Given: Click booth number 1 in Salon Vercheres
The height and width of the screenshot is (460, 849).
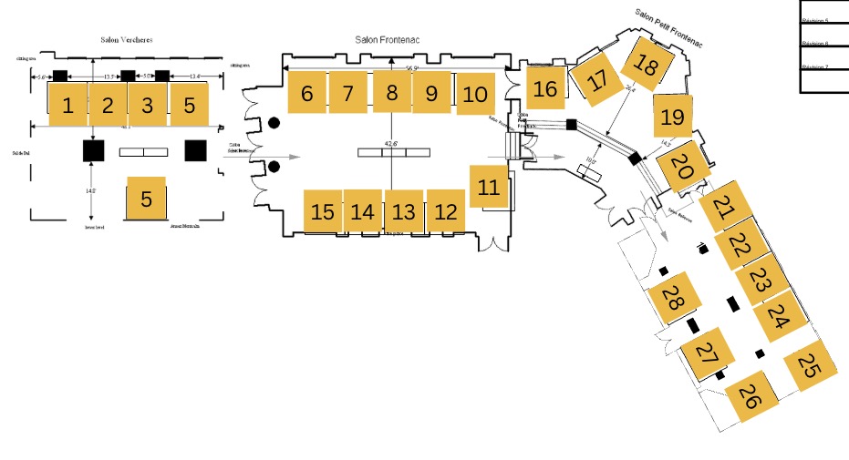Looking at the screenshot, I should point(67,105).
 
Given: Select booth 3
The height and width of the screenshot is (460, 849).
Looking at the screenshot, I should point(148,105).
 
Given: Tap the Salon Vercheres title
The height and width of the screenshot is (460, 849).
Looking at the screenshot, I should point(126,40).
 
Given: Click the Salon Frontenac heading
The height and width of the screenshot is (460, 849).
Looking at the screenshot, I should point(393,40).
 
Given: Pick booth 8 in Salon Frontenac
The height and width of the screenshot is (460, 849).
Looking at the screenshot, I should point(392,92).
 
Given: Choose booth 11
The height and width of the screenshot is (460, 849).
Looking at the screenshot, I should point(490,188).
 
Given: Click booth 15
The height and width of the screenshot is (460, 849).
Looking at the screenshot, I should point(323,212).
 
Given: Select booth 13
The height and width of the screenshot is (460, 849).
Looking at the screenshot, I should point(403,212).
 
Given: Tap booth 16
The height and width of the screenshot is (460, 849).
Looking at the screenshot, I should point(545,88).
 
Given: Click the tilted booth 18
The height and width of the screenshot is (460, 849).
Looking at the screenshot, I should point(647,65).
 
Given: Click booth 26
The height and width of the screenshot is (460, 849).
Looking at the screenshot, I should point(750,396).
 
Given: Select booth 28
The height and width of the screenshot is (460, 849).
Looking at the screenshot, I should point(673,298).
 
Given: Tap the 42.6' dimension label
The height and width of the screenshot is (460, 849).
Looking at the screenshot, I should point(392,143).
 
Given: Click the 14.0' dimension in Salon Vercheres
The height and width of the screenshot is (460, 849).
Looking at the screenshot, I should point(90,190).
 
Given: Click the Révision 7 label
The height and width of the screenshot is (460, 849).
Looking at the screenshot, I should point(814,67).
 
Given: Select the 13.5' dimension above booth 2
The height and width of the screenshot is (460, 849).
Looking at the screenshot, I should point(109,77).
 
